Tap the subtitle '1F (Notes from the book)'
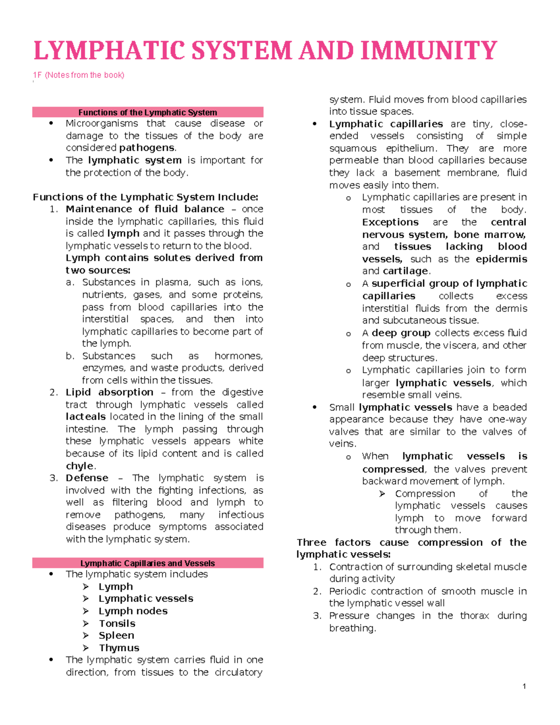[78, 75]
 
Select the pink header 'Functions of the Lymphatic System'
[147, 113]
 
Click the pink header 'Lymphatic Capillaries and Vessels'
[147, 563]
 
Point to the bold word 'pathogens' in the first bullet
[147, 148]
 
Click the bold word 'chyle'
[80, 466]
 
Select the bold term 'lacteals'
[85, 416]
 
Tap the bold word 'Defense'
[87, 478]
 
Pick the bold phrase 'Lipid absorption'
[109, 392]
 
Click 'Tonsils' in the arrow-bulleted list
[117, 624]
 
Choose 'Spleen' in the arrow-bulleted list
[116, 636]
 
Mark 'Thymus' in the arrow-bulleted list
[119, 648]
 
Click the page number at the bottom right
[524, 686]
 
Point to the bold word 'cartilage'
[405, 271]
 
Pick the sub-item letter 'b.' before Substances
[70, 356]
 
